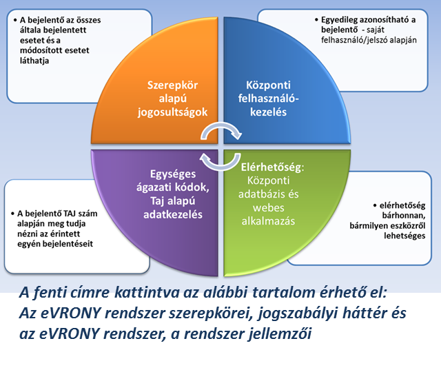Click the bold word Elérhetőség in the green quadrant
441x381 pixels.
click(273, 167)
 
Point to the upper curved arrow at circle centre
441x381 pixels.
click(225, 130)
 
